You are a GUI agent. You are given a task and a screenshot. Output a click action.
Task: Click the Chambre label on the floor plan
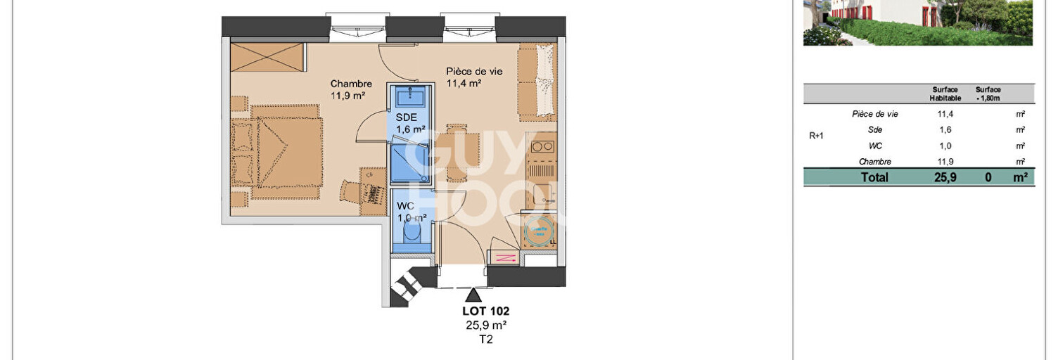coord(351,84)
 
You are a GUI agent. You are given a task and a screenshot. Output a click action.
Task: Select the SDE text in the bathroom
coord(406,117)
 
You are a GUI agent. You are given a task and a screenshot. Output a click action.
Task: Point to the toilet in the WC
coord(412,231)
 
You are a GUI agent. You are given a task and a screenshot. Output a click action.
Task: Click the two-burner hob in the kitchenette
coord(542,146)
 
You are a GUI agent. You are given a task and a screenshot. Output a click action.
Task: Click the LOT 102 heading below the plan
coord(485,311)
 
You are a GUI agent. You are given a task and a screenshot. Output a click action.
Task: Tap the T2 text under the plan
coord(485,340)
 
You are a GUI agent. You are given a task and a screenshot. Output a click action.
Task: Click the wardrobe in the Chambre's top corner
coord(268,58)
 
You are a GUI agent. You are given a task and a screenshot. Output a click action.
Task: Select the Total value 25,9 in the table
coord(945,177)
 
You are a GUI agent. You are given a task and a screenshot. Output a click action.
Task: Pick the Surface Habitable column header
coord(945,94)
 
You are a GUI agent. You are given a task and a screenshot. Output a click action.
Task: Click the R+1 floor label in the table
coord(817,136)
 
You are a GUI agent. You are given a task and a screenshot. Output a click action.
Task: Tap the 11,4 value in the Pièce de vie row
coord(945,114)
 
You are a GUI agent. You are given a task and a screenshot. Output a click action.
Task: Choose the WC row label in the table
coord(875,146)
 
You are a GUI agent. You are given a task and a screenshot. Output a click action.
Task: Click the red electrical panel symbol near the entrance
coord(506,259)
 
